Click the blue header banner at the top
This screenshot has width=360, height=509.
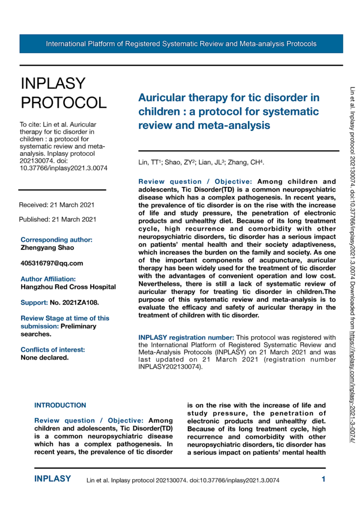click(181, 44)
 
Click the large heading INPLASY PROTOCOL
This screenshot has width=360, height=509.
click(63, 92)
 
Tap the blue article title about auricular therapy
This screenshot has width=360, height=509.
click(229, 112)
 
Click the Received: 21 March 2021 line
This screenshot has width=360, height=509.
click(57, 205)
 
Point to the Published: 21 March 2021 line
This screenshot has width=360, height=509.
click(58, 219)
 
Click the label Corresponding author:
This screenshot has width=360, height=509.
click(56, 240)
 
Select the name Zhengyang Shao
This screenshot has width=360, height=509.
click(47, 247)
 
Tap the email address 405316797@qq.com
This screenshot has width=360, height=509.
click(52, 263)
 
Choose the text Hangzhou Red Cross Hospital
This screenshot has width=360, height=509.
click(68, 287)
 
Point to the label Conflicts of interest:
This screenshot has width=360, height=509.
click(52, 349)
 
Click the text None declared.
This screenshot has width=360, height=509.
click(45, 357)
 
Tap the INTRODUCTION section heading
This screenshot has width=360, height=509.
click(60, 405)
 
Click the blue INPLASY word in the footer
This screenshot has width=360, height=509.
click(53, 479)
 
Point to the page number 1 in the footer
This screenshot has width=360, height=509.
click(323, 479)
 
